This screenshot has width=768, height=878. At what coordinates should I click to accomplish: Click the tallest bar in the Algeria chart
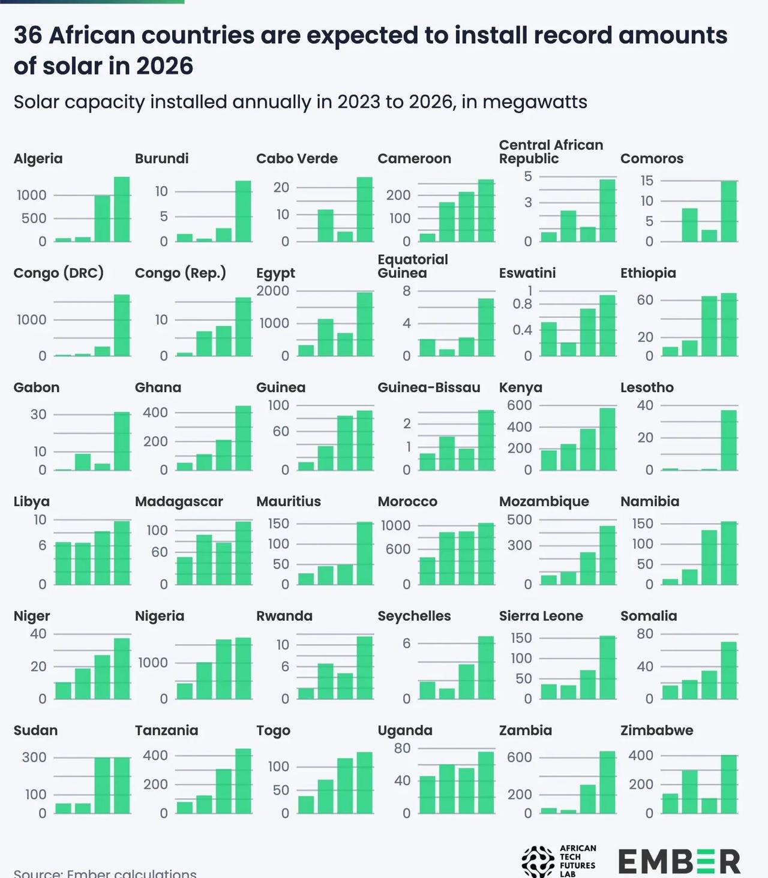122,209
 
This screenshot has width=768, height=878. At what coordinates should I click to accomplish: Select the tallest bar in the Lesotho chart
729,440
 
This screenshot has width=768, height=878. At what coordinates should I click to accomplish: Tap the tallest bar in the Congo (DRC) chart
122,325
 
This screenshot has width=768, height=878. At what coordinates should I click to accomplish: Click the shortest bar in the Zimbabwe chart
709,805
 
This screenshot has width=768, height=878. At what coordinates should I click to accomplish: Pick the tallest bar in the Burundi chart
244,211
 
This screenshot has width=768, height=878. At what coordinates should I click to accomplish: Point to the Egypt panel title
275,273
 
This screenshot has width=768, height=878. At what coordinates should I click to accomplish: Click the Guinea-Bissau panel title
429,387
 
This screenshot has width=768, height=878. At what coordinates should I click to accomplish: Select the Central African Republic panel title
551,152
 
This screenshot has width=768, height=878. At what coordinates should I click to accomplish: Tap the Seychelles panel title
414,617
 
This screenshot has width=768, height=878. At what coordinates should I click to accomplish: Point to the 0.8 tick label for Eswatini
522,304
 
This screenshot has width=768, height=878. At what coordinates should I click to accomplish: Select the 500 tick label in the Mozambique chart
520,520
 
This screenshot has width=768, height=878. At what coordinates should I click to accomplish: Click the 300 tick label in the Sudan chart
34,757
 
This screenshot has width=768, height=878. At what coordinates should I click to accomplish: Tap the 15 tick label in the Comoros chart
647,181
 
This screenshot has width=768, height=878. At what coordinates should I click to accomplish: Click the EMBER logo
679,861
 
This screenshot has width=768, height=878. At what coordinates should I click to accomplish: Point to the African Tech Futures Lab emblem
538,861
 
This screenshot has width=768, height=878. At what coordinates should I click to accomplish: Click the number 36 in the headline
28,35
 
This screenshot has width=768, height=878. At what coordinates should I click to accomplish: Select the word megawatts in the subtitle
535,102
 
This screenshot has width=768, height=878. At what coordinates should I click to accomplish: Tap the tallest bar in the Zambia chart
607,782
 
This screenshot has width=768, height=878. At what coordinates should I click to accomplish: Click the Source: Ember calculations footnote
105,873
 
